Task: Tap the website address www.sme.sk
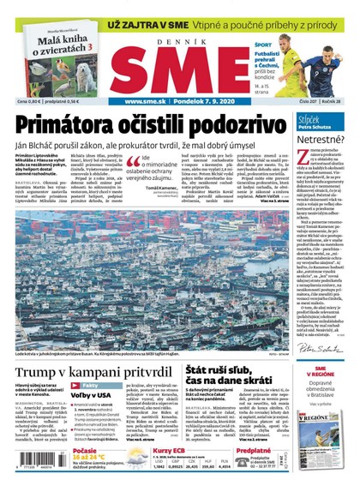tap(146, 101)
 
